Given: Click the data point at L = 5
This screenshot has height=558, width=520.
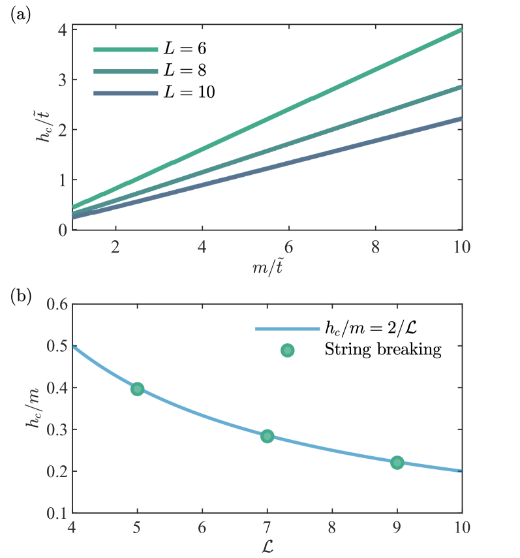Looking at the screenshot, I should point(137,389).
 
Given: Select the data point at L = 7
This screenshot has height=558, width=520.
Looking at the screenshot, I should point(267,436).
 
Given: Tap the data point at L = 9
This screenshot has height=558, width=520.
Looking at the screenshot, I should point(397,462).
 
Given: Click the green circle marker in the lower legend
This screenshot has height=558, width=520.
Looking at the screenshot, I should point(287,350).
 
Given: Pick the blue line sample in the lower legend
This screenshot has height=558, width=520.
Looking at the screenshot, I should point(287,329).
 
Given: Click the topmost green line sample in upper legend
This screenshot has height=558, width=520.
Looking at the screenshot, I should point(126,50).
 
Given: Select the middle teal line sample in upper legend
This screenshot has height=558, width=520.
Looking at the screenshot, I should point(126,72).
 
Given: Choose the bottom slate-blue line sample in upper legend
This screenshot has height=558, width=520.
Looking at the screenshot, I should point(126,93).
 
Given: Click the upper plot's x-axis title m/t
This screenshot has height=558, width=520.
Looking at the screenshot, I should point(267,268).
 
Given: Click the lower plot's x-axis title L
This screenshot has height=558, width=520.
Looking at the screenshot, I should point(267,546).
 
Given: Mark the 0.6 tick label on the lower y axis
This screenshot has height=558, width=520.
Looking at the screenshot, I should point(57,305).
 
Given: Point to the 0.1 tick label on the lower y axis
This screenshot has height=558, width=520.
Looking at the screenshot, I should point(57,513).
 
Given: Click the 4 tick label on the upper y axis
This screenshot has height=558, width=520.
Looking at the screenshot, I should point(63,30).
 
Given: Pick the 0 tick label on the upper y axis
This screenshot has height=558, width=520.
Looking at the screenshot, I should point(63,230).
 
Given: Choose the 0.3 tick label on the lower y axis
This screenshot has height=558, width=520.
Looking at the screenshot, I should point(57,429).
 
